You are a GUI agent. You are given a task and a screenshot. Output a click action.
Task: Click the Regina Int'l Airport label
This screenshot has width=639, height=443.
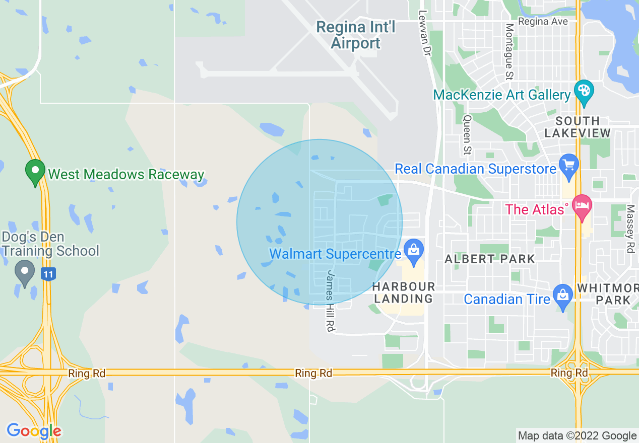click(x=355, y=35)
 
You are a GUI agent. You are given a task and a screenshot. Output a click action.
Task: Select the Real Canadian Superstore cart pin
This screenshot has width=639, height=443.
click(x=569, y=166)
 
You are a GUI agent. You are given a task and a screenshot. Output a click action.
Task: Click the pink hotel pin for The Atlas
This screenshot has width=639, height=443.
click(x=583, y=207)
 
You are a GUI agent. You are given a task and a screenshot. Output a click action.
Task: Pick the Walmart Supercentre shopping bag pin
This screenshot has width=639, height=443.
click(x=414, y=251)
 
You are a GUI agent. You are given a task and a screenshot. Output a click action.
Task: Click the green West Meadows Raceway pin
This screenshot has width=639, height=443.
click(x=35, y=171)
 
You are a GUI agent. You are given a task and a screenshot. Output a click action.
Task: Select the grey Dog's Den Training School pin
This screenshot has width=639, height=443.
click(x=25, y=272)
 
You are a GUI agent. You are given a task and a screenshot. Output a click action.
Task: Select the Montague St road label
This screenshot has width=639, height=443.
click(x=509, y=52)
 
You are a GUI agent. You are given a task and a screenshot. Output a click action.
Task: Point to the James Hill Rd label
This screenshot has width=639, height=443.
click(x=331, y=301)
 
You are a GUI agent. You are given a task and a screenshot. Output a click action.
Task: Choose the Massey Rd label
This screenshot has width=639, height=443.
click(x=630, y=229)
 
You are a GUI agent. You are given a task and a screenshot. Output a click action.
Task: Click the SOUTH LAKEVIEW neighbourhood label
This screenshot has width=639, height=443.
click(x=577, y=127)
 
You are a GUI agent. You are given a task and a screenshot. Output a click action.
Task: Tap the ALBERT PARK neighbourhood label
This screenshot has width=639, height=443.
click(x=490, y=259)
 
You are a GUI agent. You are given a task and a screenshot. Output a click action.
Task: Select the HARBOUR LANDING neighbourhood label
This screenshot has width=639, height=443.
click(x=404, y=292)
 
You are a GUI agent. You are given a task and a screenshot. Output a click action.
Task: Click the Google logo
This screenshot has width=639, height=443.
click(x=34, y=431)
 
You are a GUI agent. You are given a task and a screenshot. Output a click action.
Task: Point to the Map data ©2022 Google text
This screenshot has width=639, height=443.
click(x=578, y=436)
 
